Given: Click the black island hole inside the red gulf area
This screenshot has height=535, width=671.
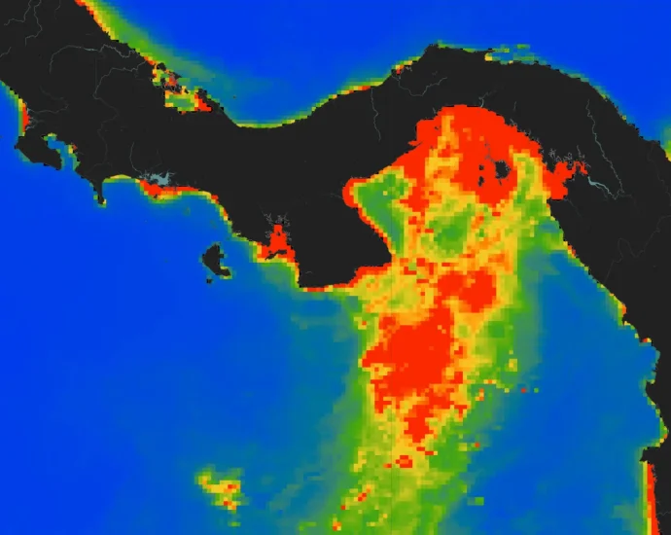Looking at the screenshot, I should point(502,171).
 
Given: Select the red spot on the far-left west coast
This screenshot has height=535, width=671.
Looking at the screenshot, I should point(23,122).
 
